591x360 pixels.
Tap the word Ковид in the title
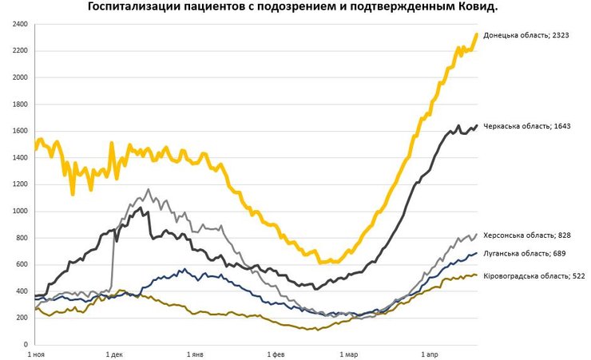(477, 7)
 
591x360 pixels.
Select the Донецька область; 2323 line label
(526, 35)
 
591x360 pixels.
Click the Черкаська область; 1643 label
(527, 126)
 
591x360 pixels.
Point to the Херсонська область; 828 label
(529, 235)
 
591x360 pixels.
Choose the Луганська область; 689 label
(526, 253)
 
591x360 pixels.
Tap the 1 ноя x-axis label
(37, 352)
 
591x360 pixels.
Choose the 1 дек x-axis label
(114, 352)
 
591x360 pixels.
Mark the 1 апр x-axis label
(430, 352)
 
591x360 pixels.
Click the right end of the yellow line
(477, 34)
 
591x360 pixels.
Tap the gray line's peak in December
(148, 190)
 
